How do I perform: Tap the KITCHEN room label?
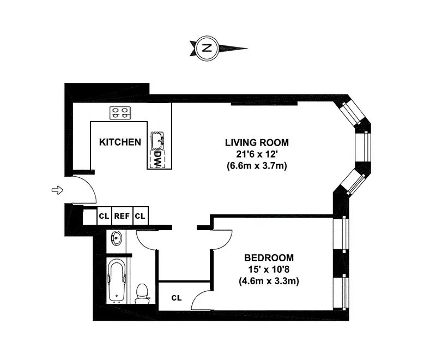pos(120,142)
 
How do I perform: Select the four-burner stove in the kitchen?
pos(121,113)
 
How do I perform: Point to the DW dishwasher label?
pos(157,159)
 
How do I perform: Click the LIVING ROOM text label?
pos(257,142)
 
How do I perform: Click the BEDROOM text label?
pos(269,257)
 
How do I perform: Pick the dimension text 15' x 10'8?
pos(269,269)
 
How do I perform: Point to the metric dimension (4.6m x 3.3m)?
pos(269,281)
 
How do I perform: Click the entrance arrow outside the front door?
pos(57,190)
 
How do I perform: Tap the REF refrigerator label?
pos(122,216)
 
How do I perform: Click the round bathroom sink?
pos(116,238)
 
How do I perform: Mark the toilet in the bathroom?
pos(142,293)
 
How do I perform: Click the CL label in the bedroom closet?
pos(176,298)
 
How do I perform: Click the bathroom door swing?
pos(146,240)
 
